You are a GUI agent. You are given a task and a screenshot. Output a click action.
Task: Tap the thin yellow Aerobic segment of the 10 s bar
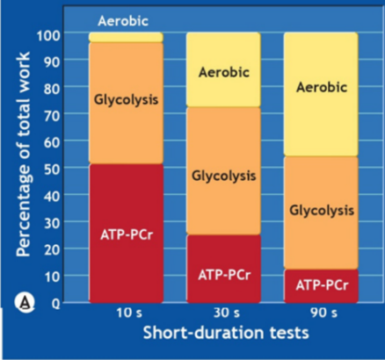126,37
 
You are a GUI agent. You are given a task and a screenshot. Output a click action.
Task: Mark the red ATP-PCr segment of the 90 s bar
320,284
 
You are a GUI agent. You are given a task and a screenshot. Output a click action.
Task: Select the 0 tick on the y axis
58,303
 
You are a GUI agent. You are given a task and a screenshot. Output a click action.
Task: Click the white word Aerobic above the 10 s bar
126,18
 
